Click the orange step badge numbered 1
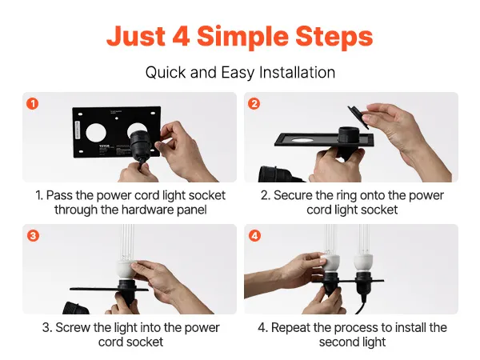pos(33,103)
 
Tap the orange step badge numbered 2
pos(254,103)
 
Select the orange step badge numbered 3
pos(33,236)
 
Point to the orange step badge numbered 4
pos(254,236)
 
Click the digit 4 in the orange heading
pos(181,36)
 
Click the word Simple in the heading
pos(242,38)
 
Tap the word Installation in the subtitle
pos(297,73)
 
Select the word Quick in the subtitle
pos(166,73)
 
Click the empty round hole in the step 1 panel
pos(96,133)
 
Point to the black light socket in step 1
pos(142,146)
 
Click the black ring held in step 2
pos(358,118)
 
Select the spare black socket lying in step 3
pos(76,308)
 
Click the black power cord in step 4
pos(362,304)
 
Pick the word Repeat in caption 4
pos(291,328)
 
